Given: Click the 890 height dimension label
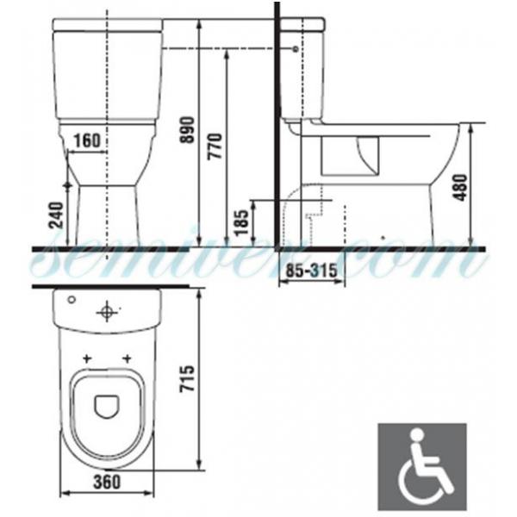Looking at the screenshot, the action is pyautogui.click(x=187, y=129).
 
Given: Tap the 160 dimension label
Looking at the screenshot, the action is pyautogui.click(x=87, y=140).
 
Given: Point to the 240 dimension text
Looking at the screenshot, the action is pyautogui.click(x=56, y=215).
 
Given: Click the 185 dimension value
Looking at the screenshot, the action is pyautogui.click(x=241, y=222).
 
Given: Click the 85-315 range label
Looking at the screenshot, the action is pyautogui.click(x=311, y=271).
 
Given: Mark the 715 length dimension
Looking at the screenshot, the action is pyautogui.click(x=187, y=378).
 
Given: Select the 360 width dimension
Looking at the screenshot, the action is pyautogui.click(x=107, y=482).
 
